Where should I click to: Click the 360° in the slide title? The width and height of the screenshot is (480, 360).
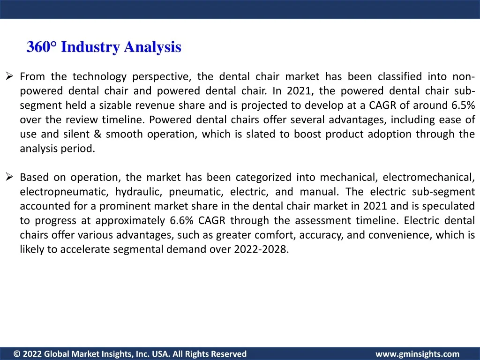click(x=42, y=47)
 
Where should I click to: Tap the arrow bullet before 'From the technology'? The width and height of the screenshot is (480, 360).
click(x=9, y=75)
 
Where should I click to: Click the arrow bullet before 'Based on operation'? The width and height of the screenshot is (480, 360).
click(x=9, y=177)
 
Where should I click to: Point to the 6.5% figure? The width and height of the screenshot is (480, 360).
click(x=463, y=105)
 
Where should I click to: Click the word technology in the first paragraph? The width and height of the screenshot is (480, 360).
click(x=99, y=76)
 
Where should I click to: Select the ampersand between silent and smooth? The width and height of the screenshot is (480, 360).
click(x=97, y=134)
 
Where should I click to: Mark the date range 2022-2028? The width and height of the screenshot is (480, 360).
click(x=261, y=249)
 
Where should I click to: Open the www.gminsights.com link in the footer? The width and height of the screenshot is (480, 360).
click(x=418, y=354)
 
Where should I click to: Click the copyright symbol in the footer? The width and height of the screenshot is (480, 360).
click(x=17, y=354)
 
